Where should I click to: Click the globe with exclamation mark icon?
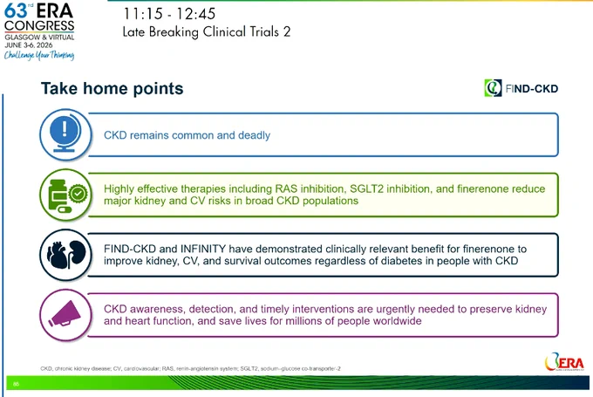coord(65,134)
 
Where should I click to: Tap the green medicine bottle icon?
coord(65,195)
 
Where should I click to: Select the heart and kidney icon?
coord(65,255)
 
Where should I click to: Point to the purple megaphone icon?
coord(65,315)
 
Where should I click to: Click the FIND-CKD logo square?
coord(493,88)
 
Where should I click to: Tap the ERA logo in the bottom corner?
coord(564,362)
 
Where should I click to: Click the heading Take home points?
coord(112,88)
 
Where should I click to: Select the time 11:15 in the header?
coord(142,14)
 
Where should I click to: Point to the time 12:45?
coord(195,14)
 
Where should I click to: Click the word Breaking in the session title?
coord(174,31)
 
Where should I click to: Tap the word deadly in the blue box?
coord(254,135)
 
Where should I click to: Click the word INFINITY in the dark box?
coord(202,249)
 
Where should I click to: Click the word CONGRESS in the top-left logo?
coord(39,25)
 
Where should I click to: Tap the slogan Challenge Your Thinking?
coord(39,55)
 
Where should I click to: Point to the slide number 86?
coord(16,384)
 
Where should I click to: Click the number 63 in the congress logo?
coord(16,10)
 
